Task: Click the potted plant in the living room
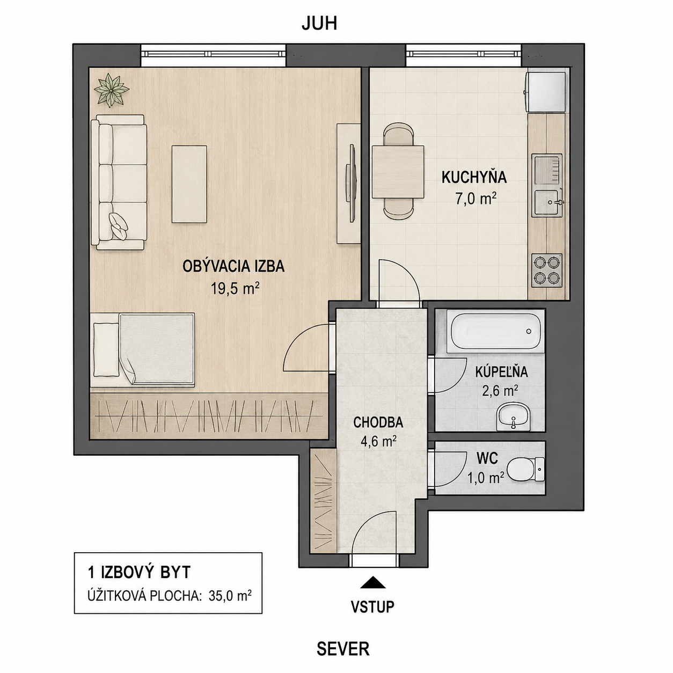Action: tap(112, 90)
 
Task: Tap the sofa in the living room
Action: tap(119, 182)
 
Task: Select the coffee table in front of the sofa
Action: tap(189, 184)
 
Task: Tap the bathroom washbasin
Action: tap(513, 418)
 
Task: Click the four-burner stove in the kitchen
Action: tap(547, 270)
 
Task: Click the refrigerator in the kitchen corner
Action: tap(545, 92)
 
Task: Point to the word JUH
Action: tap(319, 24)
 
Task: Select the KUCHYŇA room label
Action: tap(474, 178)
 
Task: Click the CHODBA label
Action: tap(378, 422)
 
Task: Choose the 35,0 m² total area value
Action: tap(230, 595)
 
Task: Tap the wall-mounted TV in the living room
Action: tap(352, 182)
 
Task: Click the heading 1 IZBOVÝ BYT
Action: tap(140, 572)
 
